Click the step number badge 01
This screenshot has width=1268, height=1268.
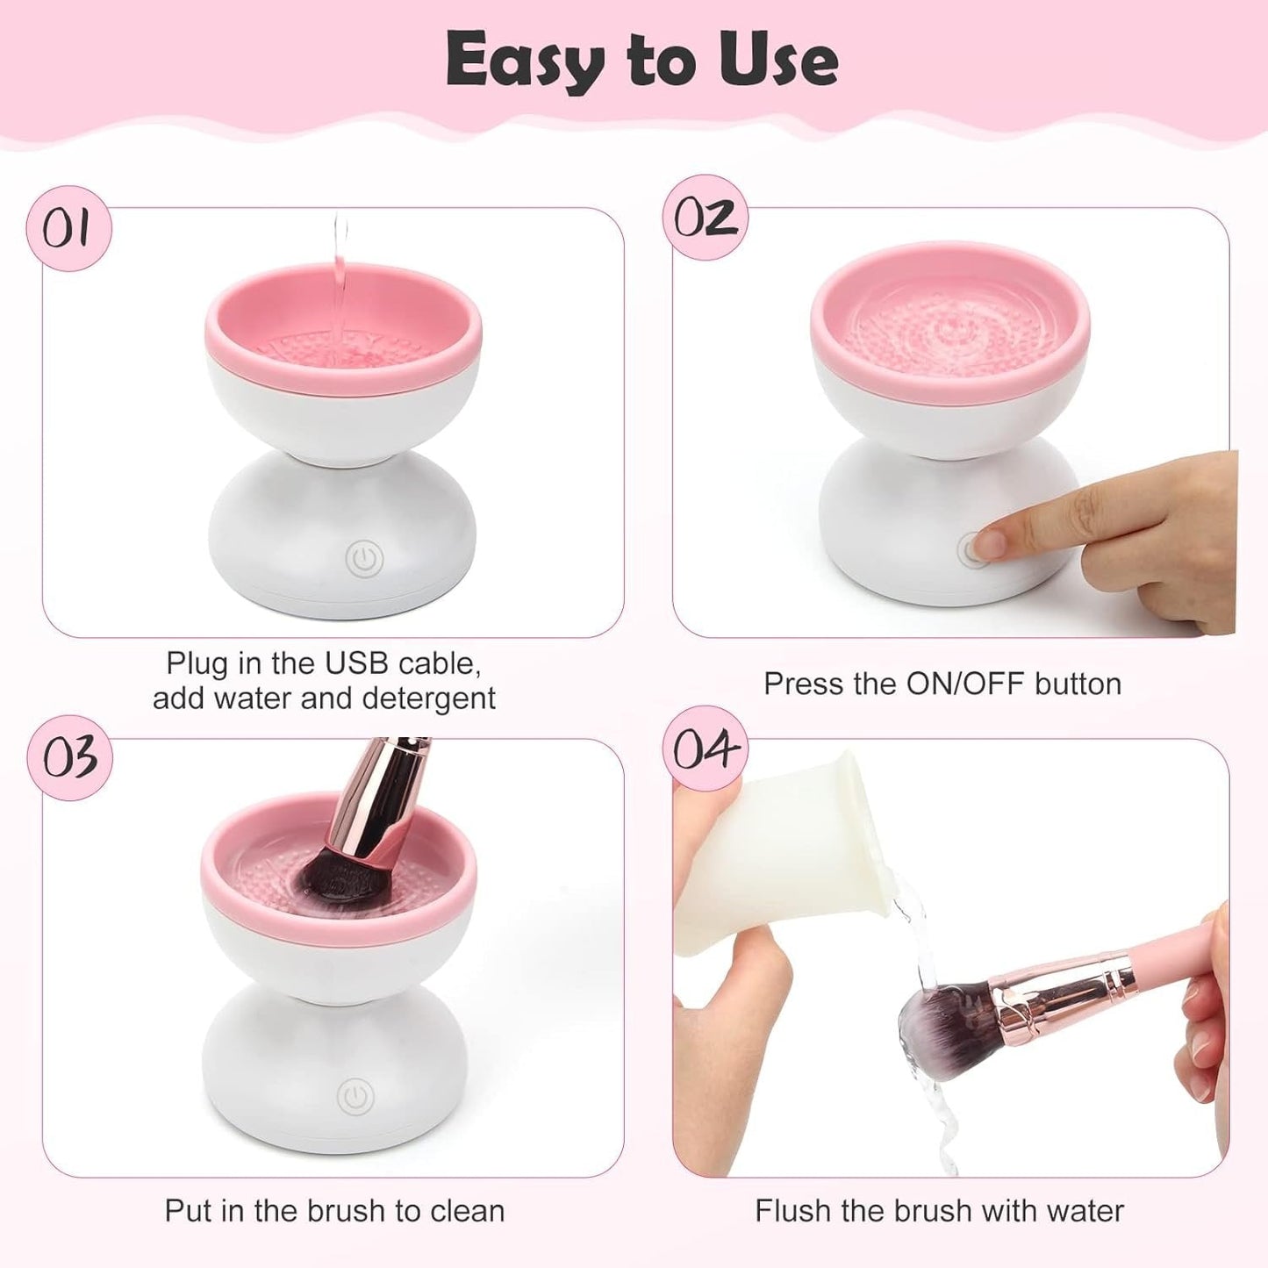point(68,228)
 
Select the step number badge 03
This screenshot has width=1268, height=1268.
point(69,757)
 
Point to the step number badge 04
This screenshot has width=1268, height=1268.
point(706,749)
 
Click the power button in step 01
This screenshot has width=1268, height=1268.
point(364,558)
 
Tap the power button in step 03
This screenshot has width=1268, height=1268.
point(355,1095)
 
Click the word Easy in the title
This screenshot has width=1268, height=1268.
point(524,60)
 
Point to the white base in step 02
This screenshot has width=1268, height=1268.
point(913,527)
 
